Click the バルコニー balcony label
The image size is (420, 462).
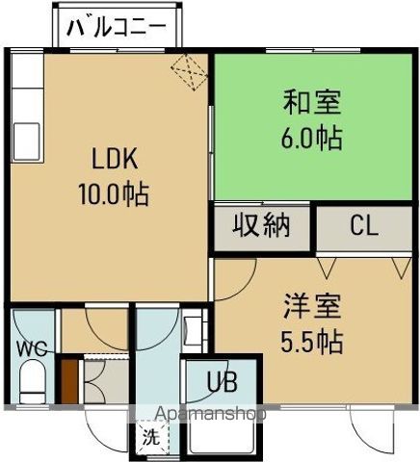point(122,26)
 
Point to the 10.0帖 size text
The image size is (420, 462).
point(113,194)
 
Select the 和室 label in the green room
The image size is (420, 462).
point(312,101)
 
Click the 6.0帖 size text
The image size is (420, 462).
point(312,137)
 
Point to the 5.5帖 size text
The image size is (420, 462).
point(312,342)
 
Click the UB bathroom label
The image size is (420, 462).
point(223,382)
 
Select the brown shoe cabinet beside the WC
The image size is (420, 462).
point(69,379)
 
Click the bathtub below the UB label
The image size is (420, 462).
point(223,433)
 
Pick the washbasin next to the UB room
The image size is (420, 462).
point(193,332)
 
